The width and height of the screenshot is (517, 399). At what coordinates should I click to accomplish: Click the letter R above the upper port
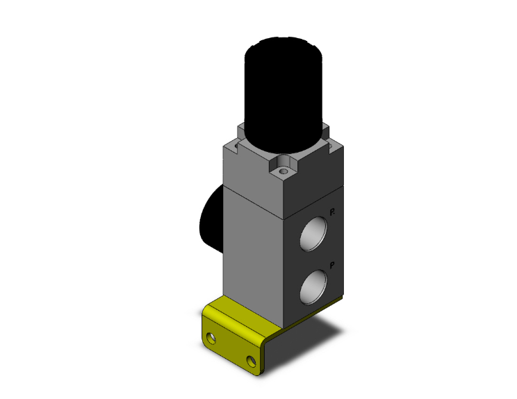[333, 211]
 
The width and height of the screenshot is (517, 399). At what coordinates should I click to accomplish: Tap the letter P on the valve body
[333, 264]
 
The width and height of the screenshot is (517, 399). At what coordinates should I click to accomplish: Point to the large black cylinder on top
[285, 90]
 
